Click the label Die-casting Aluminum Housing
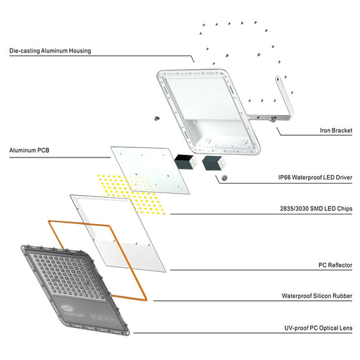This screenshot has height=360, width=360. coord(50,50)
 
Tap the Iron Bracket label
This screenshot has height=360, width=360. coord(336,131)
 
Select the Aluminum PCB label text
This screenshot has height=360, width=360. coord(29,150)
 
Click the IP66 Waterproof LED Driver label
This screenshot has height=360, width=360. coord(315,177)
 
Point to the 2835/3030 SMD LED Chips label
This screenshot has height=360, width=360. coord(316,209)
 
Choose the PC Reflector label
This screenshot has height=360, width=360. coord(335,265)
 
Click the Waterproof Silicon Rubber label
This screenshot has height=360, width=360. coord(317,295)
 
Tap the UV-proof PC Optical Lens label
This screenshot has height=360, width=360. coord(318,328)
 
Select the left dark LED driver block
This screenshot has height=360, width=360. coord(184,162)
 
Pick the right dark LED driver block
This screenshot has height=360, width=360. coord(213,163)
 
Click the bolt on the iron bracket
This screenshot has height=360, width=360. coord(273,119)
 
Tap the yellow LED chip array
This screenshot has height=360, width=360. coord(131,194)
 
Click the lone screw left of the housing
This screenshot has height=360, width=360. coord(157,118)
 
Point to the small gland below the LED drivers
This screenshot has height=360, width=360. coord(224,178)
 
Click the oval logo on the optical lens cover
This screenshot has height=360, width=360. coord(67,308)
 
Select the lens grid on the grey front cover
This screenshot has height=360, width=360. coord(68,276)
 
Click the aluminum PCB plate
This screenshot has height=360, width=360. coord(150,170)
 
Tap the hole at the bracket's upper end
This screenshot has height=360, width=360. coord(278,79)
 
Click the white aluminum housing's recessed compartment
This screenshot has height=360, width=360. coord(217,133)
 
